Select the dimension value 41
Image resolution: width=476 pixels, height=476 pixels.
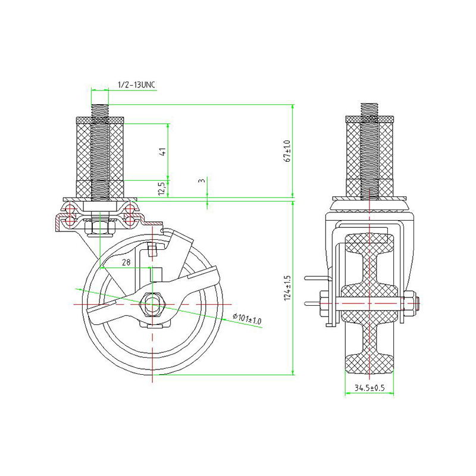pyautogui.click(x=162, y=152)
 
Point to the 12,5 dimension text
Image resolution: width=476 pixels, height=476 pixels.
pyautogui.click(x=161, y=189)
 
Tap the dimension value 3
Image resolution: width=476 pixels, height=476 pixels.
pyautogui.click(x=202, y=180)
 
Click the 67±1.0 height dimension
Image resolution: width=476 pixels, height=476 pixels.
pyautogui.click(x=287, y=151)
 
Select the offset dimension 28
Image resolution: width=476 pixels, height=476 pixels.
pyautogui.click(x=126, y=262)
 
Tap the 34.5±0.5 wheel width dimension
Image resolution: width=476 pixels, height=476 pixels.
pyautogui.click(x=369, y=388)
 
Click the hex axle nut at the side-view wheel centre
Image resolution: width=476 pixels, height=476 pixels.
pyautogui.click(x=154, y=304)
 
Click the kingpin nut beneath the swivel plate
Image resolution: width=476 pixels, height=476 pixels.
pyautogui.click(x=99, y=227)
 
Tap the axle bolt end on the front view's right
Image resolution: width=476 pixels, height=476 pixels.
pyautogui.click(x=417, y=304)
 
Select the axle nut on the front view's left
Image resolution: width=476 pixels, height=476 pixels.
pyautogui.click(x=324, y=304)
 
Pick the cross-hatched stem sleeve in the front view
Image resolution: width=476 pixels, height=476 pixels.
pyautogui.click(x=369, y=152)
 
